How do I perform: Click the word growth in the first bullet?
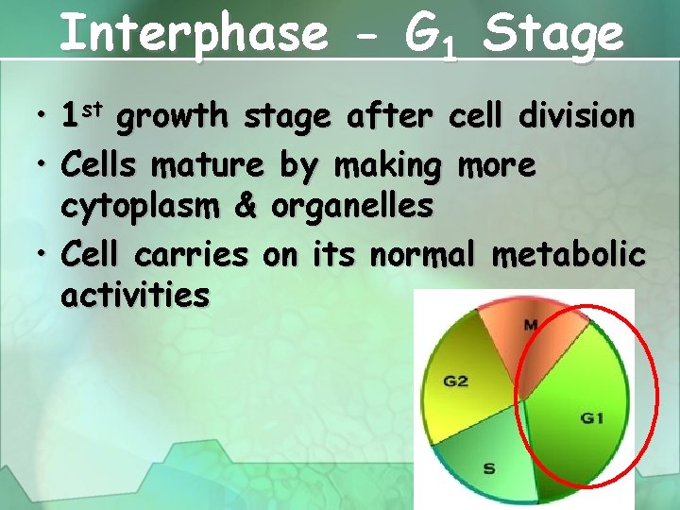point(174,117)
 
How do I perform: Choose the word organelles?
point(352,204)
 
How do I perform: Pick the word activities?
point(135,296)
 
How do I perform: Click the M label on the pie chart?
point(531,326)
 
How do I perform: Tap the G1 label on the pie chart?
point(592,416)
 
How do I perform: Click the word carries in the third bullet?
point(192,255)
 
